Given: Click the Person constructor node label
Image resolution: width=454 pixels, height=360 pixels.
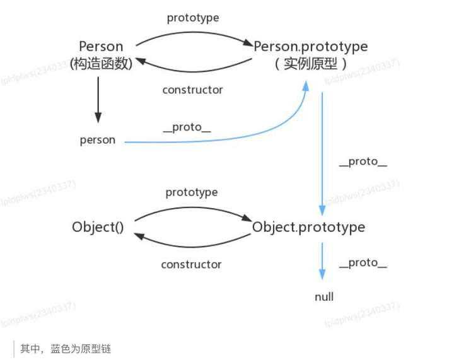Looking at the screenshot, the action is coord(101,47).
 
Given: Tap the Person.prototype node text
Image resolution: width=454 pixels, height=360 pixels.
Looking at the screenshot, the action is coord(310,47).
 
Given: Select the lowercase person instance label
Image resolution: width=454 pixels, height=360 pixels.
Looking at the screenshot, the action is coord(98,140).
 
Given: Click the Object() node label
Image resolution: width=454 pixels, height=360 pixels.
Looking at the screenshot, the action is coord(98,227).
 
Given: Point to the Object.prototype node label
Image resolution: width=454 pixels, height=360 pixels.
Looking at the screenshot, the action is coord(308,227).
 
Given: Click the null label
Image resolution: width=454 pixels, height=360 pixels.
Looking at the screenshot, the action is coord(324,296).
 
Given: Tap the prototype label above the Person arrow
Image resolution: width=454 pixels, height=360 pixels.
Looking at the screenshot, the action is coord(193,18).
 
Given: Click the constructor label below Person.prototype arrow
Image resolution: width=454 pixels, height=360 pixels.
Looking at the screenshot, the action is coord(192,90).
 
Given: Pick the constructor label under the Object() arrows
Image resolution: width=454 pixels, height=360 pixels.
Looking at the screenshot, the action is coord(191,264).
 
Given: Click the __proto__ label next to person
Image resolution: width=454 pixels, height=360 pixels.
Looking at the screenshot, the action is coord(187,127).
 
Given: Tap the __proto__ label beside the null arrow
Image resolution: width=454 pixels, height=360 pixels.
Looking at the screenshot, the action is coord(363,262).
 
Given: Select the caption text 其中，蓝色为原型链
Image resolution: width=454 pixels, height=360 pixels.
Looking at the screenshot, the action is coord(66,349).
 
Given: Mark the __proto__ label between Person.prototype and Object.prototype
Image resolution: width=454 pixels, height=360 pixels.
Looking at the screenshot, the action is coord(363,161).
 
